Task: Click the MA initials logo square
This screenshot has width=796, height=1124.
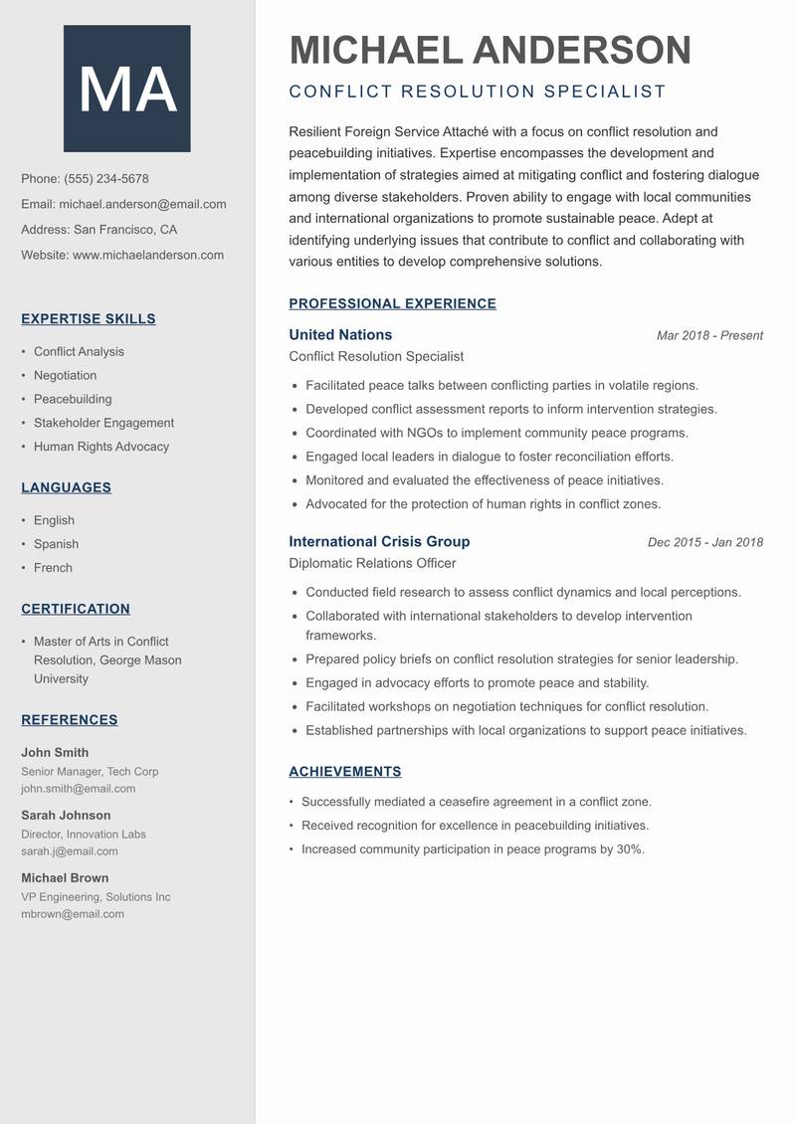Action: pos(126,89)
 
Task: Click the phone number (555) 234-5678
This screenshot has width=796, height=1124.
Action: pos(106,179)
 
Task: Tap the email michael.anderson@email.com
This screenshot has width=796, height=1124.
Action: pos(142,204)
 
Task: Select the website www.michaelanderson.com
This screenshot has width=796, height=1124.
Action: pos(148,255)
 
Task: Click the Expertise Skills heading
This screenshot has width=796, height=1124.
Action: pos(89,319)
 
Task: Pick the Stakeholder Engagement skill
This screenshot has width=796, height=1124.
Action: pos(103,423)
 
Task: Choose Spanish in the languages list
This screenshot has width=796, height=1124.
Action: pos(56,544)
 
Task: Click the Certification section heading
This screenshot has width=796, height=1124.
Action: pos(76,609)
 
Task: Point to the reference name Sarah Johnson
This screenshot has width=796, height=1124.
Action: pos(66,816)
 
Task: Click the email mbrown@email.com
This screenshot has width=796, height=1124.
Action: pos(73,914)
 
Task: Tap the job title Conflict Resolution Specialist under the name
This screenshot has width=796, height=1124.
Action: pos(477,92)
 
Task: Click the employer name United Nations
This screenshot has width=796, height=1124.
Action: pos(340,335)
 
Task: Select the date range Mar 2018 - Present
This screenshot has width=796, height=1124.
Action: pos(709,336)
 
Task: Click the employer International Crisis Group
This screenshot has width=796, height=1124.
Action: pos(379,542)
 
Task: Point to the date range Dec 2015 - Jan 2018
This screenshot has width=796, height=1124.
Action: pos(704,543)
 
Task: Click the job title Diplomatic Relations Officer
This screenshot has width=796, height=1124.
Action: pos(372,564)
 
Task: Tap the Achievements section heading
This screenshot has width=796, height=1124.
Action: pos(345,772)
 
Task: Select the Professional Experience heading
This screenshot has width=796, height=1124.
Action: pos(392,304)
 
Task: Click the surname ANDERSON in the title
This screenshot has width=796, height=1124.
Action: pos(582,50)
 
